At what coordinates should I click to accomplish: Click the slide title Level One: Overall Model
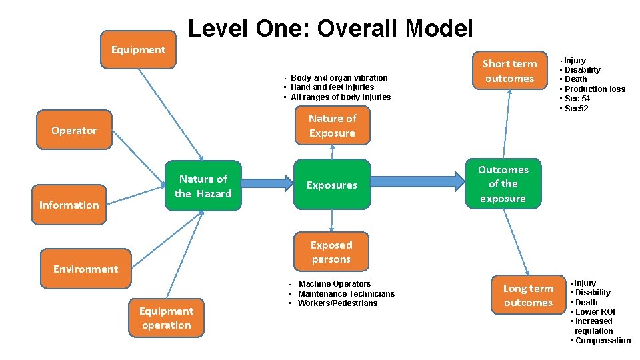pyautogui.click(x=331, y=29)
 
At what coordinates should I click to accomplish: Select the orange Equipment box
pyautogui.click(x=138, y=50)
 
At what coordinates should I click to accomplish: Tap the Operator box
pyautogui.click(x=74, y=131)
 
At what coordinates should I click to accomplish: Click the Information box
pyautogui.click(x=69, y=205)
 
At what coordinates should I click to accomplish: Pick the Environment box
pyautogui.click(x=85, y=269)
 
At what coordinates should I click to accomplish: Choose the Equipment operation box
pyautogui.click(x=166, y=318)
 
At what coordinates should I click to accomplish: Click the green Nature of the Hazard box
pyautogui.click(x=203, y=186)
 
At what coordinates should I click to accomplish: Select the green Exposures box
pyautogui.click(x=331, y=185)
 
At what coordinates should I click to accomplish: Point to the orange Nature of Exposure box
pyautogui.click(x=332, y=125)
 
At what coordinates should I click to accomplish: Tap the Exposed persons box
pyautogui.click(x=331, y=252)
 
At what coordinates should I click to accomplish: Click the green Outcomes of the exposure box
pyautogui.click(x=503, y=184)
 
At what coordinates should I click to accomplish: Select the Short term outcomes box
pyautogui.click(x=509, y=71)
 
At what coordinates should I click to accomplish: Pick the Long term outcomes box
pyautogui.click(x=528, y=295)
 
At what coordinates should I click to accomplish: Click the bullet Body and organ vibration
pyautogui.click(x=339, y=78)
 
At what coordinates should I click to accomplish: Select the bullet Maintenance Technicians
pyautogui.click(x=346, y=294)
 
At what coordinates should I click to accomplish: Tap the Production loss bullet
pyautogui.click(x=595, y=89)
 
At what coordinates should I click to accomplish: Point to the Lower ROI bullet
pyautogui.click(x=595, y=312)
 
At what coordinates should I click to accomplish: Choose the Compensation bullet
pyautogui.click(x=603, y=341)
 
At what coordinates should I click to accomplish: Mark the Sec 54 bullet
pyautogui.click(x=577, y=99)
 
